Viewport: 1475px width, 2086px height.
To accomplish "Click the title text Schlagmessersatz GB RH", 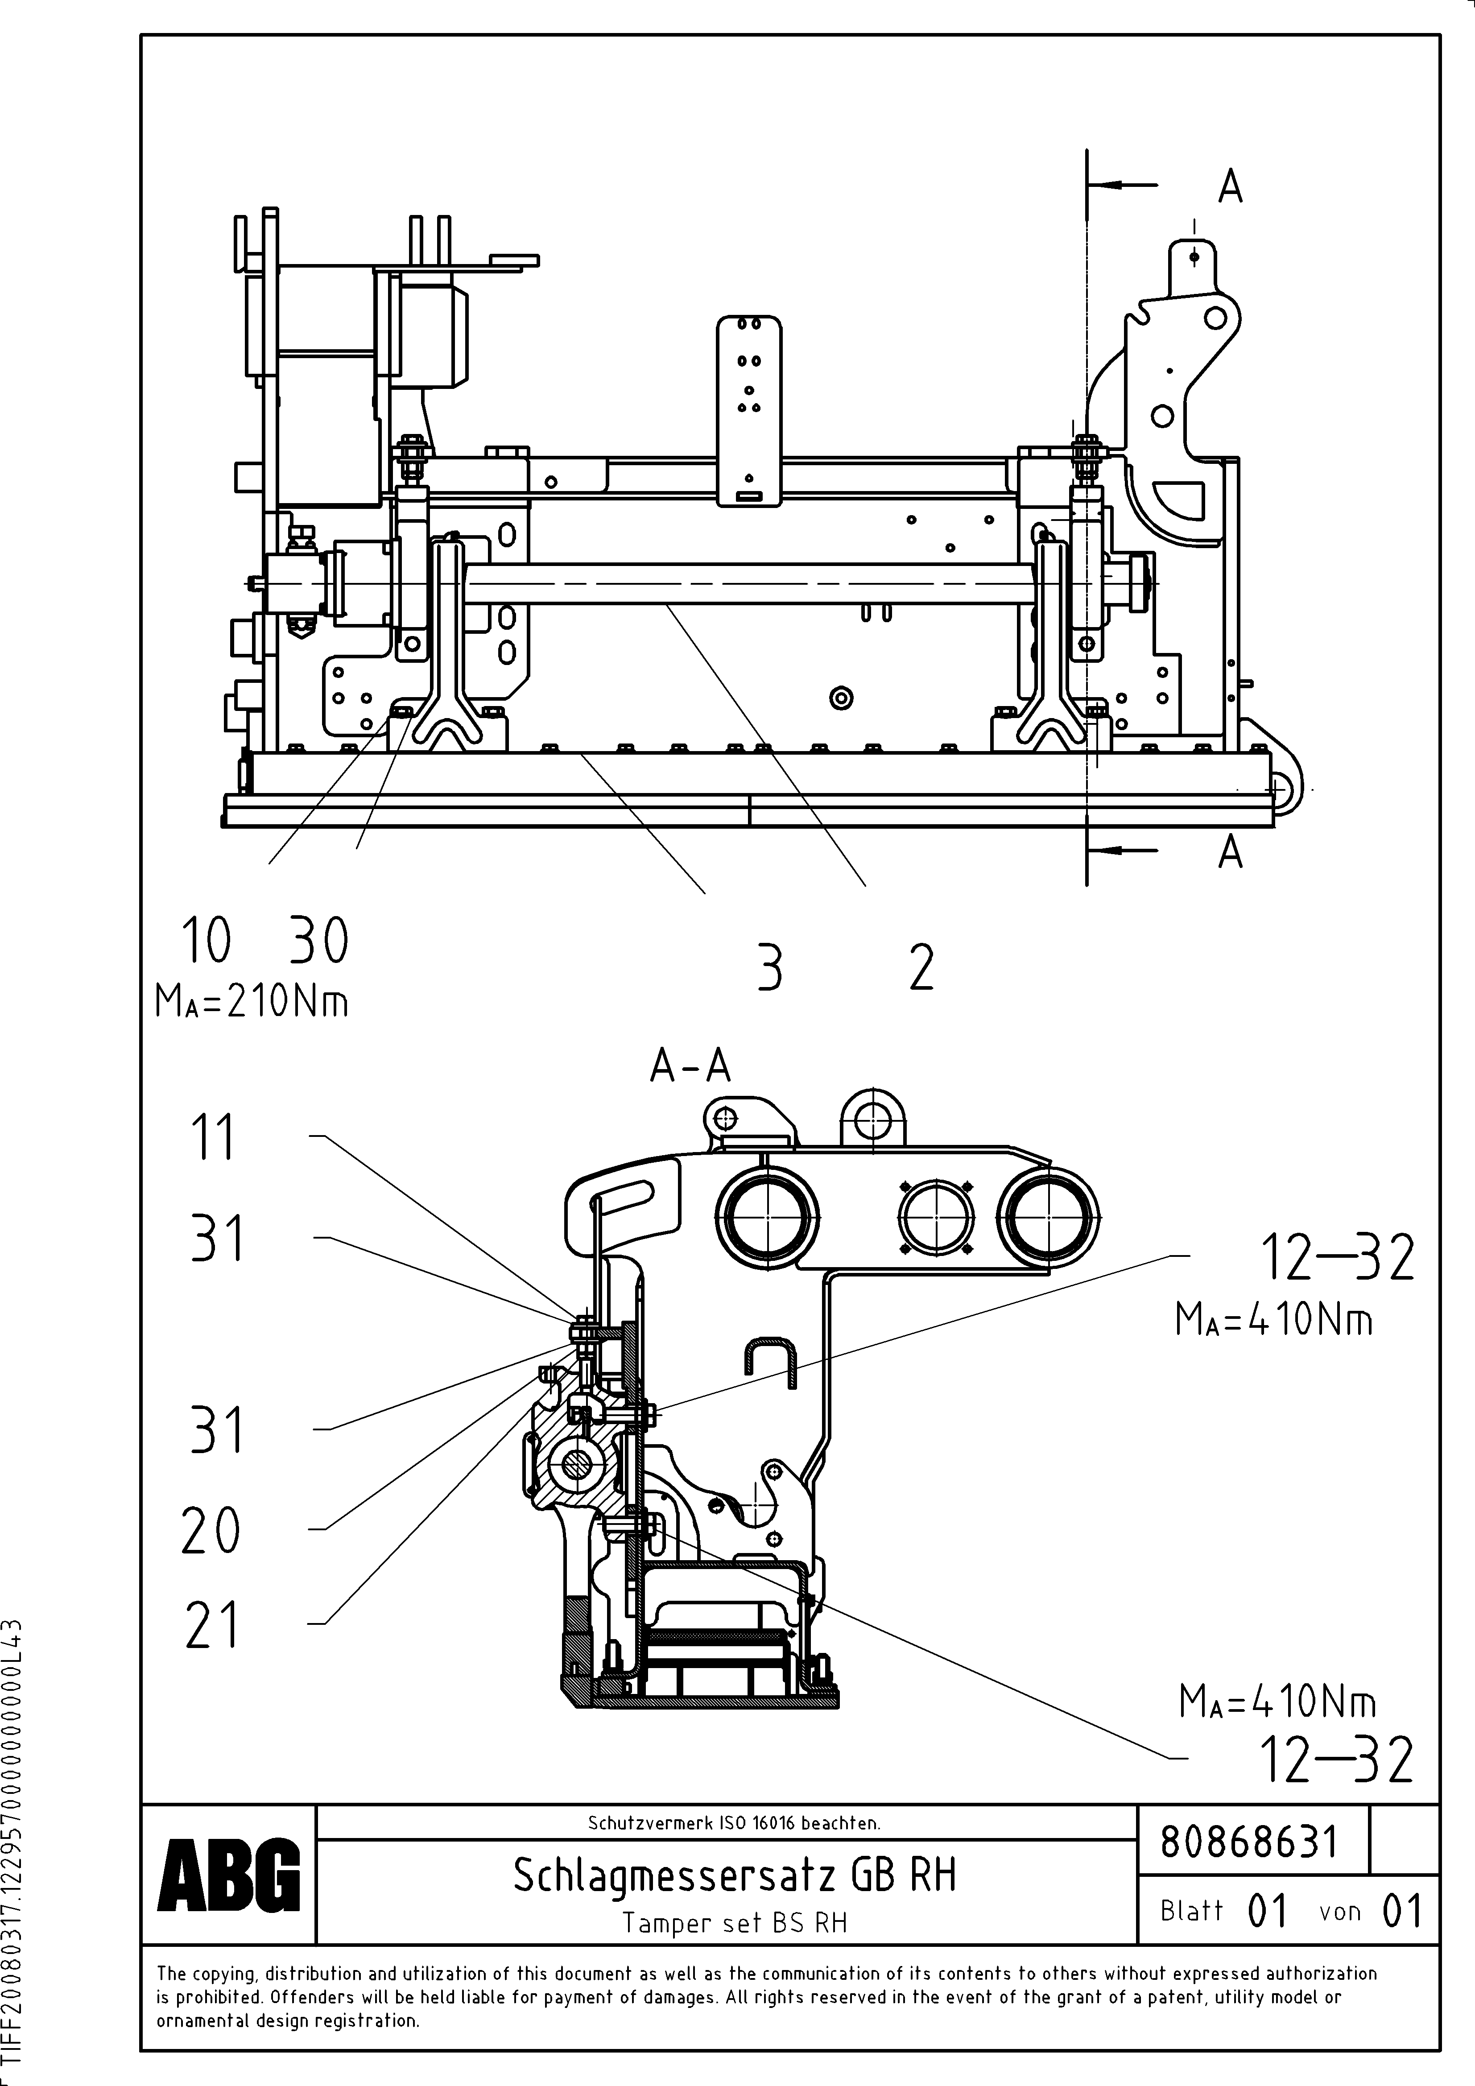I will (x=734, y=1875).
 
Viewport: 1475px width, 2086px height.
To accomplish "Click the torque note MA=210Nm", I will (x=252, y=1002).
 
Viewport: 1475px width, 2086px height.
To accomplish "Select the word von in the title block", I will (x=1339, y=1912).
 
